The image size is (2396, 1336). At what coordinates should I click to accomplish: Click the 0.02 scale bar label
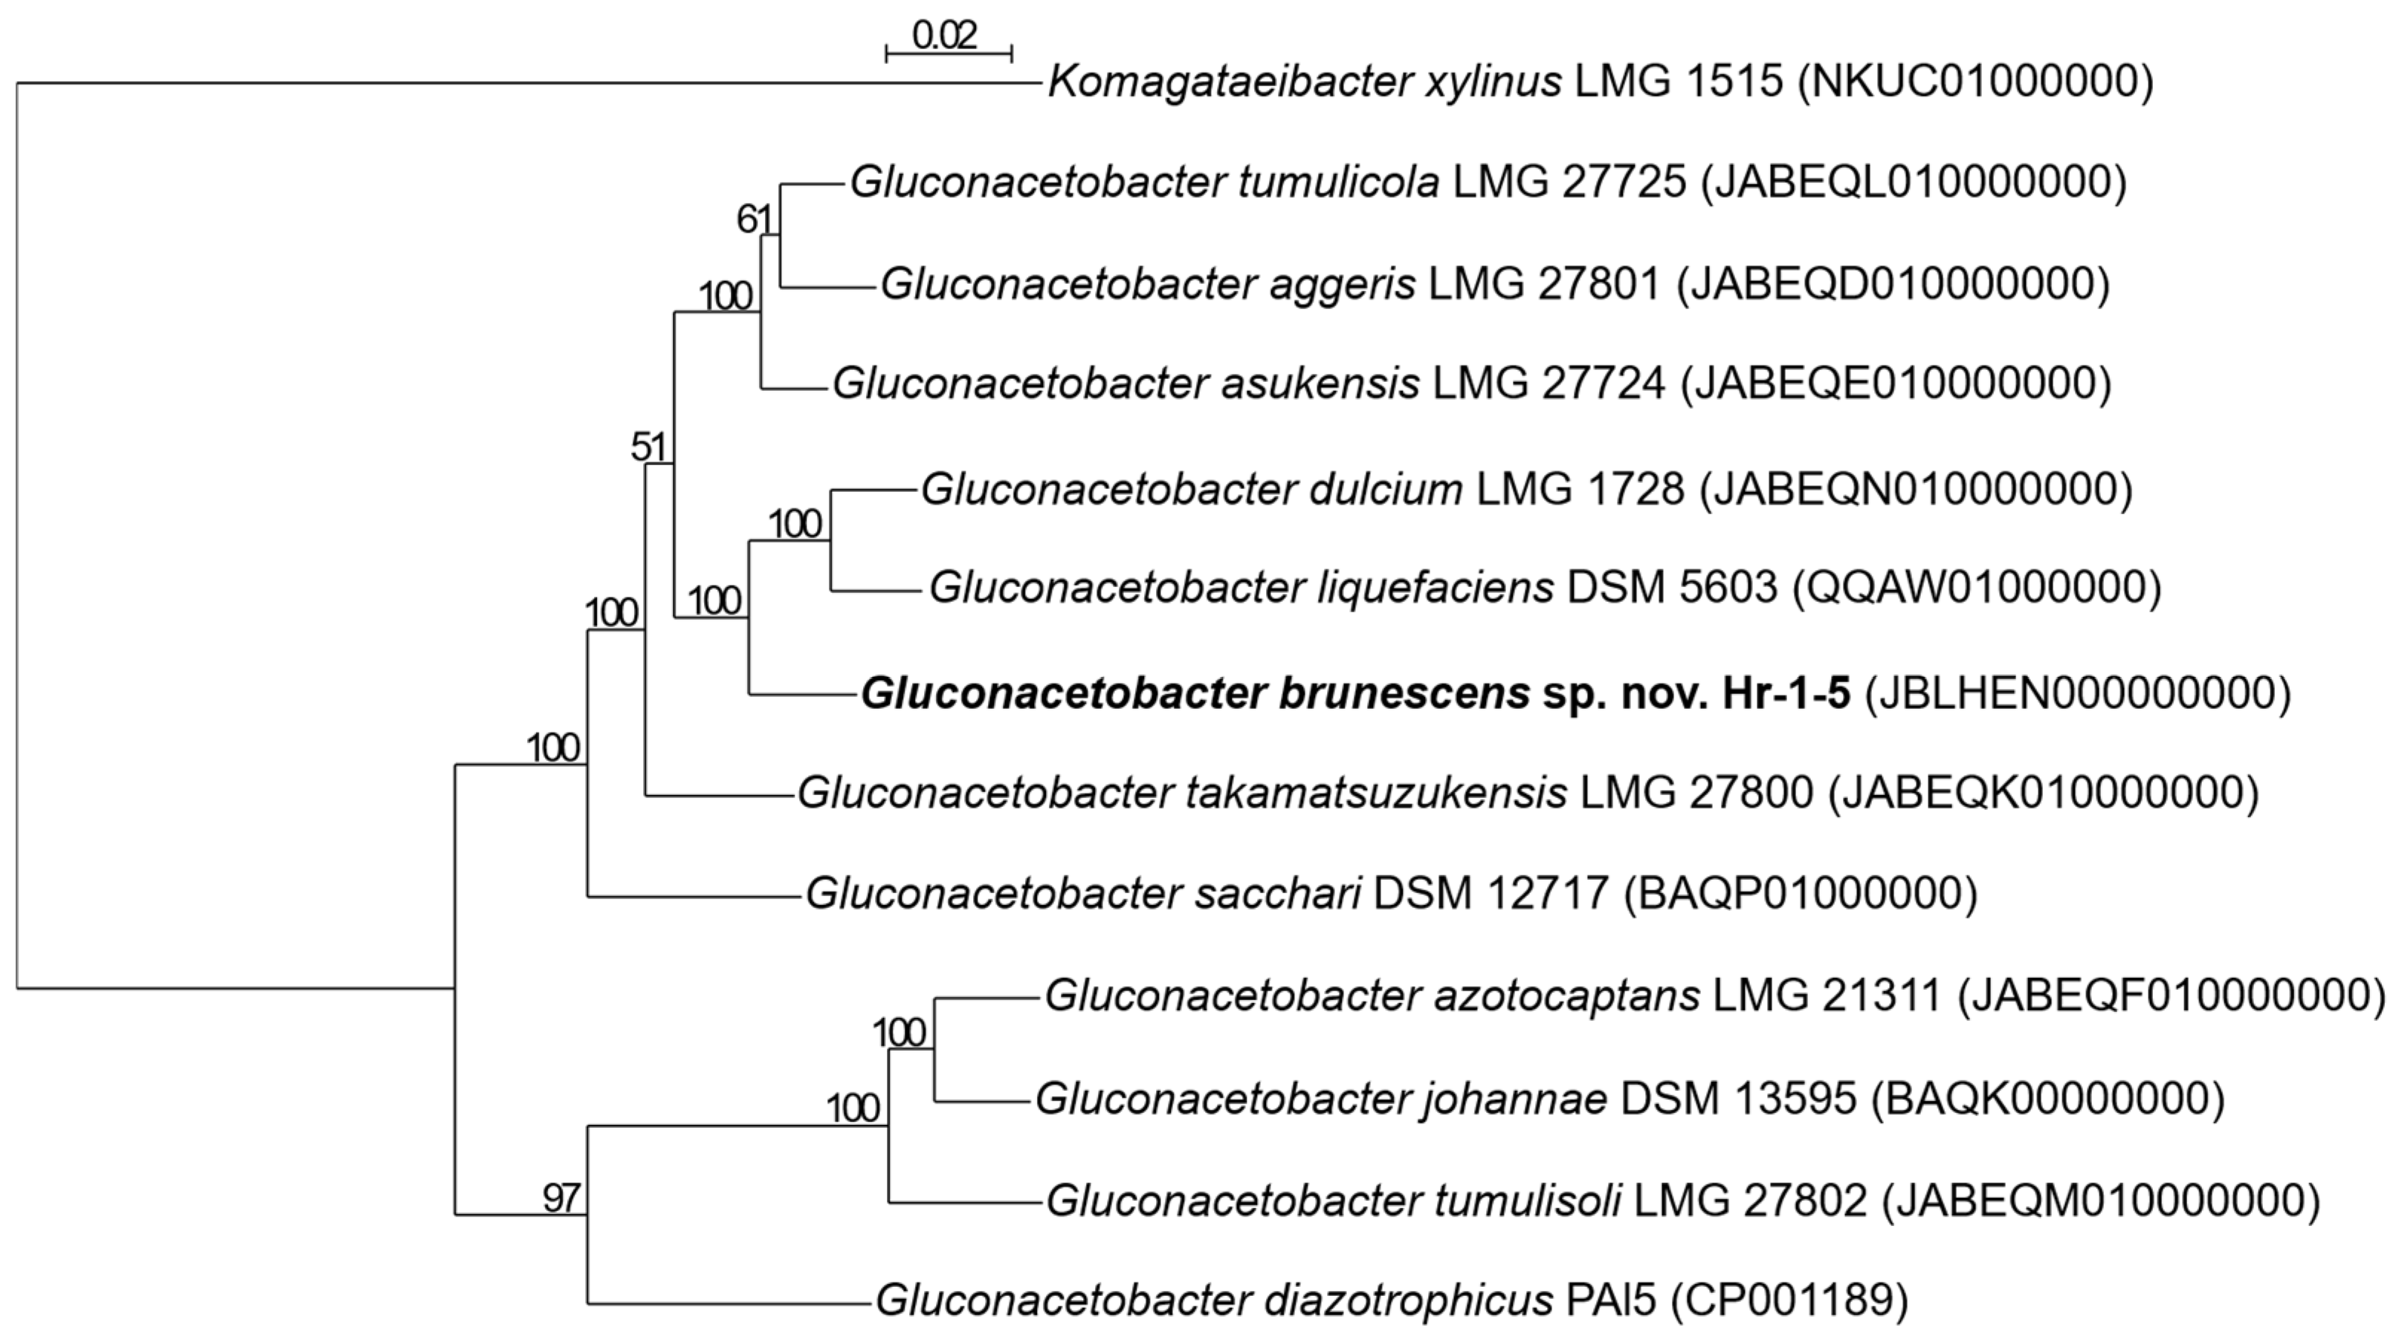(945, 36)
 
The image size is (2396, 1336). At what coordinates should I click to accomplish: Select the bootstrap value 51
(648, 448)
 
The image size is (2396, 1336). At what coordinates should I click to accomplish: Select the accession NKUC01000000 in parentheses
(1975, 82)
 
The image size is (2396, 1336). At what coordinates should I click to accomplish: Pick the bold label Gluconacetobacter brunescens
(1195, 693)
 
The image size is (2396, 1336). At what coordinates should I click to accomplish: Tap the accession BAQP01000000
(1800, 893)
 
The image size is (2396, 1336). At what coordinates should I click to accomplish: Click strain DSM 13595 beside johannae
(1737, 1099)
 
